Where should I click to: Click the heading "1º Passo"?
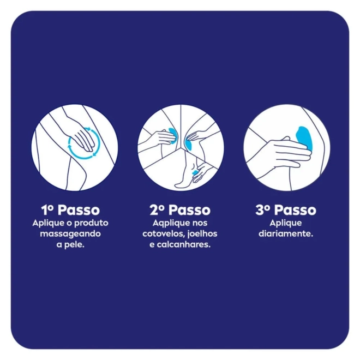coord(70,210)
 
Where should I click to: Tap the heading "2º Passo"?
coord(180,210)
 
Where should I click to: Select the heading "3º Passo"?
coord(286,210)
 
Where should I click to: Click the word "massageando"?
coord(70,234)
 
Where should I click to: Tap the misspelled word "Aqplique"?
coord(169,223)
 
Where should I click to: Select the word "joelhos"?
coord(202,233)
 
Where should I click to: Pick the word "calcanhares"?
coord(183,244)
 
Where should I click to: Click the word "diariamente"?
coord(286,233)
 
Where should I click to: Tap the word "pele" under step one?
coord(74,245)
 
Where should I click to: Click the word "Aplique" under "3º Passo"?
coord(286,223)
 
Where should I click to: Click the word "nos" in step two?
coord(200,223)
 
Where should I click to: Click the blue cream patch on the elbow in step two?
coord(173,136)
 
